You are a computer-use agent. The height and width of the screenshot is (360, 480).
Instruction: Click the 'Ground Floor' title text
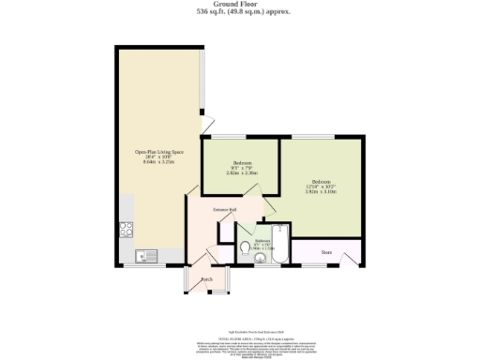pyautogui.click(x=239, y=4)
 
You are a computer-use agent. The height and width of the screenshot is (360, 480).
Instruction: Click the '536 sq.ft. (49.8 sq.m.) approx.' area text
pyautogui.click(x=239, y=12)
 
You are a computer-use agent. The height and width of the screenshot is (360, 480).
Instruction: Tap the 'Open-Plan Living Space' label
pyautogui.click(x=157, y=151)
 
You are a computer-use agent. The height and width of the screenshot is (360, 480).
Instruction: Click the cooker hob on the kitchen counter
pyautogui.click(x=126, y=228)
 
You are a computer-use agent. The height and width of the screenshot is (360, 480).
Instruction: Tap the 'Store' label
pyautogui.click(x=326, y=251)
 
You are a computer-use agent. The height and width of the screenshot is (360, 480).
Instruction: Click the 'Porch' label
pyautogui.click(x=206, y=279)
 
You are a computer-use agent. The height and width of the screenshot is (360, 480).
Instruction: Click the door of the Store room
pyautogui.click(x=352, y=257)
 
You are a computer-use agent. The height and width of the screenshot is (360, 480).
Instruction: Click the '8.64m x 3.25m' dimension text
pyautogui.click(x=157, y=162)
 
